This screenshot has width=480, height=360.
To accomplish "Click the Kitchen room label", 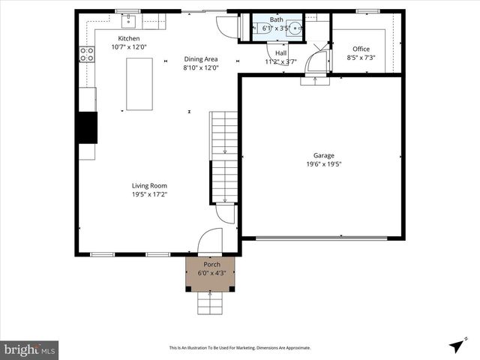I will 129,38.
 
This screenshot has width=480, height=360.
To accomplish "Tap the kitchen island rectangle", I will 139,84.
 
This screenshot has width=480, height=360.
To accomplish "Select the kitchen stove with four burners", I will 87,54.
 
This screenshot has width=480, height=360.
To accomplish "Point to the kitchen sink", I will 129,18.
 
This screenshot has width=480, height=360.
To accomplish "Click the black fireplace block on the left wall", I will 87,127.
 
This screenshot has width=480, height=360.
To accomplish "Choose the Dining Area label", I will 201,59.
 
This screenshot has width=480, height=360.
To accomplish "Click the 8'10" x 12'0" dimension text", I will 201,68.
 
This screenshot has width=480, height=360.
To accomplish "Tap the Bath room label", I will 277,19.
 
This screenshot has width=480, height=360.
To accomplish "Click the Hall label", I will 280,53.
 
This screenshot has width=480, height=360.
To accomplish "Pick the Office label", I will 361,49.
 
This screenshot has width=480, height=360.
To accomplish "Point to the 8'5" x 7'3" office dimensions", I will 361,58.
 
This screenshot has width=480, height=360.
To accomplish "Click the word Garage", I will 324,155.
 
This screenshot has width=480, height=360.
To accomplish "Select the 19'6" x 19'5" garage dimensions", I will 324,164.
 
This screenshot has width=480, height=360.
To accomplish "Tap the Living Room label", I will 149,185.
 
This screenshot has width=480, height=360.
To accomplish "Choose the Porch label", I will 212,265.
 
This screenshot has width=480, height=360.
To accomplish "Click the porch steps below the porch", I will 211,303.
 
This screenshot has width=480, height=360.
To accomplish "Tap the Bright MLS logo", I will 29,349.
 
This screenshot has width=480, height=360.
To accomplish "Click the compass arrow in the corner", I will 456,346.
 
